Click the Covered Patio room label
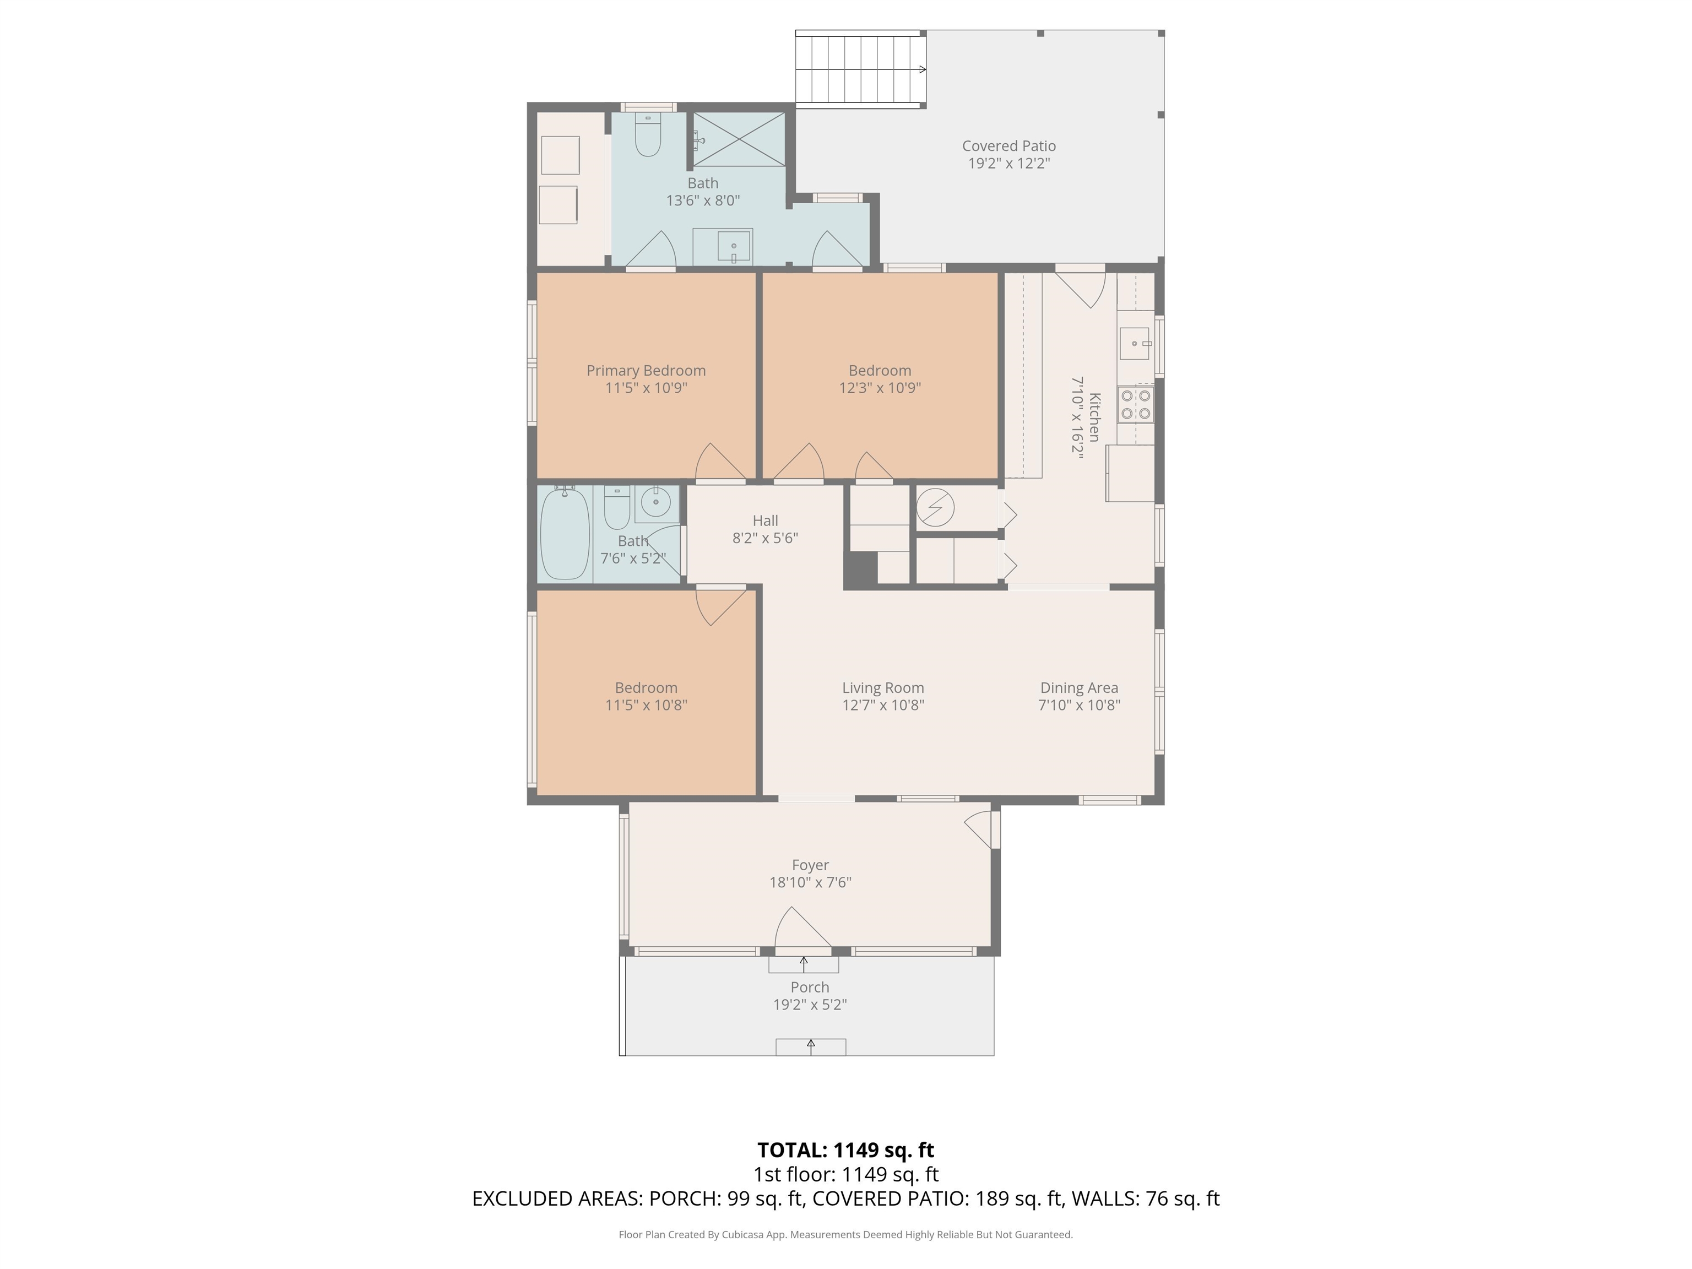(1009, 145)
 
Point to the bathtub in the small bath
(565, 533)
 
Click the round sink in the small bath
(655, 502)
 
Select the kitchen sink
(1135, 344)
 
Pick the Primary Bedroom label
(647, 370)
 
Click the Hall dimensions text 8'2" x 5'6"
(765, 538)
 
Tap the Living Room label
(883, 688)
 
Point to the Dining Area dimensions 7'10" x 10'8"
(1080, 704)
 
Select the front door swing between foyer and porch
(802, 929)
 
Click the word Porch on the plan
(810, 987)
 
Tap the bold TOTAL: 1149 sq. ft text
(846, 1149)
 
